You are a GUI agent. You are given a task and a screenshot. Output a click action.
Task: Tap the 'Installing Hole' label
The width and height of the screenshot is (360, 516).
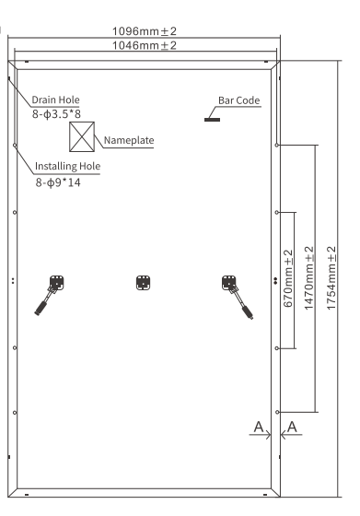[67, 167]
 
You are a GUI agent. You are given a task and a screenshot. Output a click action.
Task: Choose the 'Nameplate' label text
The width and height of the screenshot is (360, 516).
[128, 140]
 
